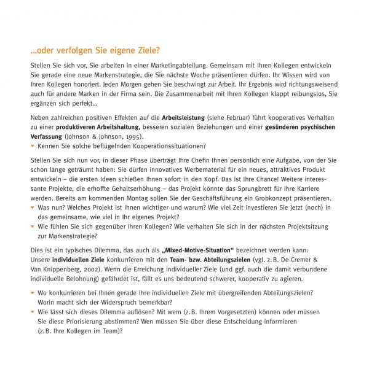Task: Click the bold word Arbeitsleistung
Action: [188, 117]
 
